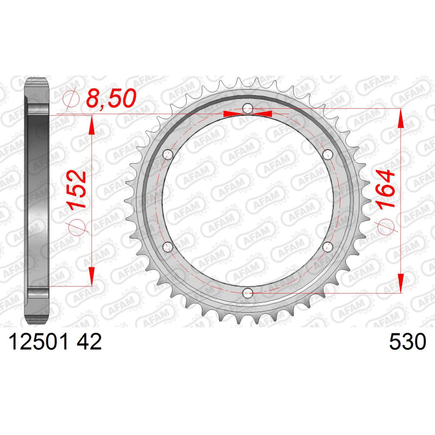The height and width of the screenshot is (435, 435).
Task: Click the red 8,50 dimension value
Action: click(111, 98)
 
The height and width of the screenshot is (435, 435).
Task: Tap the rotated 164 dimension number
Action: click(386, 189)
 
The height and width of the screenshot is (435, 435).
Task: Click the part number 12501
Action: click(39, 342)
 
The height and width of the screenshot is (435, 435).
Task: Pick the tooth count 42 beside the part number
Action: click(89, 342)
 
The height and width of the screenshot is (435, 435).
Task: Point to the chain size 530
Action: click(407, 342)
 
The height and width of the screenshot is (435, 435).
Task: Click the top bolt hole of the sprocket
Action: click(248, 108)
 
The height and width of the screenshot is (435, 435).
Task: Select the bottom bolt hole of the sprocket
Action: click(247, 293)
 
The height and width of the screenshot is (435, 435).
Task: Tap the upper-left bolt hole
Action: click(168, 154)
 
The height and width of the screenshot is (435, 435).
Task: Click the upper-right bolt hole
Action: click(328, 154)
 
